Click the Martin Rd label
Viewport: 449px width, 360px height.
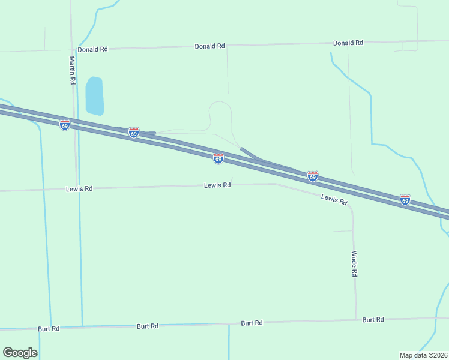pos(72,70)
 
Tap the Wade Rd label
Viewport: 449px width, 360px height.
pos(355,263)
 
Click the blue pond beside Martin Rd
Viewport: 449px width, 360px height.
pos(94,96)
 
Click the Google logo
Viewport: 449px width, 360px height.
pos(20,353)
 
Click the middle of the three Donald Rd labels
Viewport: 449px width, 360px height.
pos(209,46)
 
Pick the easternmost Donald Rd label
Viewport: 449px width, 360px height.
pos(348,43)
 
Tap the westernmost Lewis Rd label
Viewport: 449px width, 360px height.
pos(79,188)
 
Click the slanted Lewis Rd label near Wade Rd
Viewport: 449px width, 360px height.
pos(334,200)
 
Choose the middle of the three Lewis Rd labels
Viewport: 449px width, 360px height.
pos(217,185)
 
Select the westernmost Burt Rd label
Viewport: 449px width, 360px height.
pos(49,329)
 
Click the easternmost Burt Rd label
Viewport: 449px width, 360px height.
pos(373,320)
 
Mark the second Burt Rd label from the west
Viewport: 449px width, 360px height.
pos(148,326)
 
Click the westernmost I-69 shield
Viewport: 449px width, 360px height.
pos(65,124)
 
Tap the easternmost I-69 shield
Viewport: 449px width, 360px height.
pos(405,199)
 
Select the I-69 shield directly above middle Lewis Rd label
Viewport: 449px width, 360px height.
pos(218,158)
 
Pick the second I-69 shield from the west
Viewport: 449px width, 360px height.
pos(134,132)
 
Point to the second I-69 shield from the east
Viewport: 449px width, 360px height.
pos(313,176)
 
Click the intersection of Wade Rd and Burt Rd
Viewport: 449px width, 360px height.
pos(357,319)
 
